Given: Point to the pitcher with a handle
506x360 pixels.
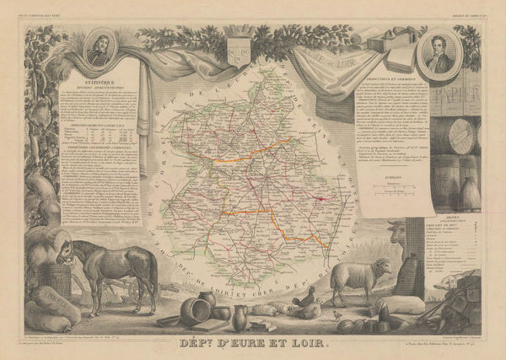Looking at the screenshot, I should [240, 319].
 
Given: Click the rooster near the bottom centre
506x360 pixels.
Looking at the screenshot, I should [309, 298].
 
